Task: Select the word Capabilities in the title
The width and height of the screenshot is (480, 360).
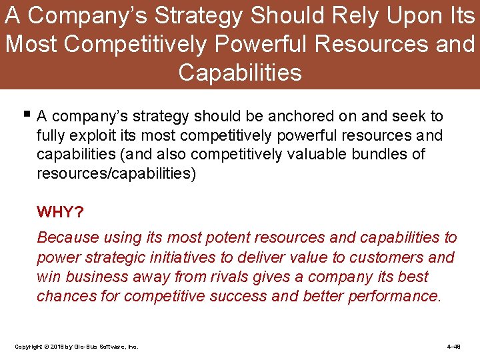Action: click(240, 72)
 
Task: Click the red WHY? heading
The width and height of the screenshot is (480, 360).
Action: click(60, 212)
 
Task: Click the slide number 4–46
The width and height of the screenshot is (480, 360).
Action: click(453, 347)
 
